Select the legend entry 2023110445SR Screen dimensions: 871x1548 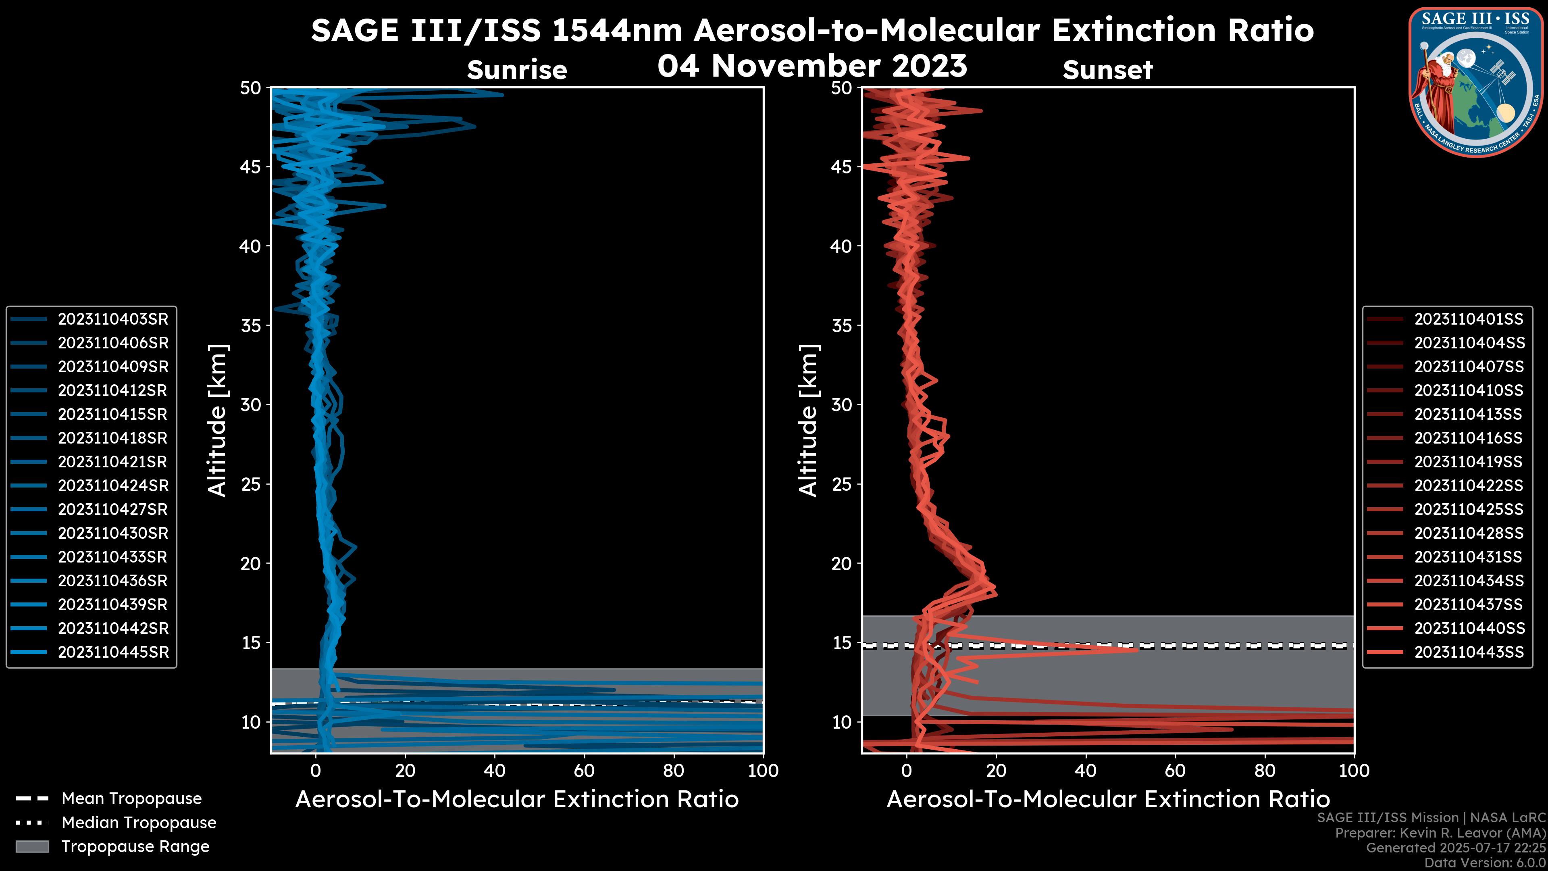[113, 652]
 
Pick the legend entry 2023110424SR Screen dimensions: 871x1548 [113, 486]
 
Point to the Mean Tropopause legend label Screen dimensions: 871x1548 [131, 799]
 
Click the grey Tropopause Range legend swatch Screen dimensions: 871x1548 [32, 846]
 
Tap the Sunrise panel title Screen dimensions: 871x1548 [517, 70]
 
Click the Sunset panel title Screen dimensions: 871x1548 [1107, 70]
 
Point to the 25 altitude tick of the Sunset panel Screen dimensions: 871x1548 [842, 484]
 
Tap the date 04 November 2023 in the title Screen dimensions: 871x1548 [812, 65]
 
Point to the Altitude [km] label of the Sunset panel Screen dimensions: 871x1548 [809, 420]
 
